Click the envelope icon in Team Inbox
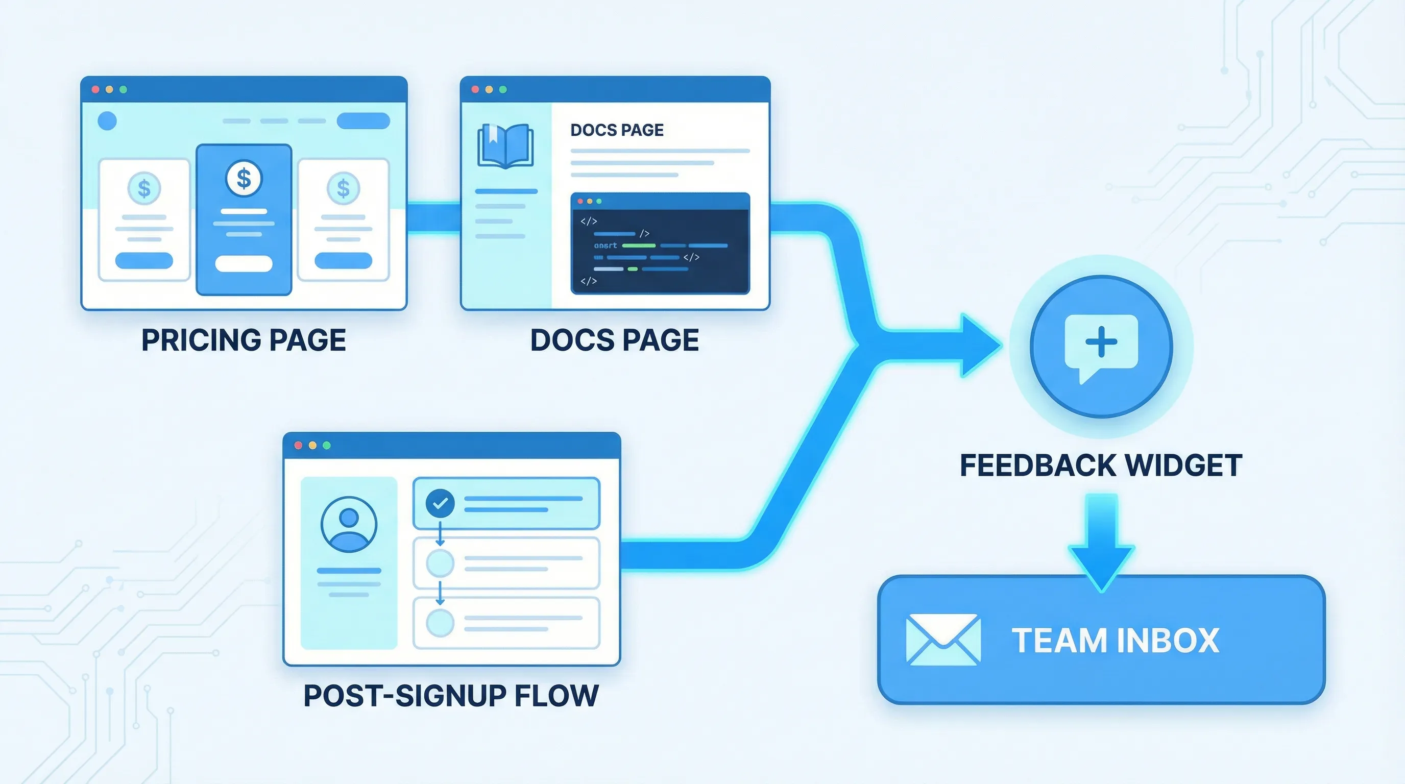click(943, 640)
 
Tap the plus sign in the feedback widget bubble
click(1101, 342)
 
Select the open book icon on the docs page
click(505, 145)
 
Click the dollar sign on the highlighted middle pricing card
click(244, 178)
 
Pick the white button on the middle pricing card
click(244, 263)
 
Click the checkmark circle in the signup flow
click(440, 503)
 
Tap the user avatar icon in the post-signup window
click(349, 524)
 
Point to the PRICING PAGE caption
click(244, 340)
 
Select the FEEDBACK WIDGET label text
click(1101, 465)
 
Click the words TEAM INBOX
click(1116, 640)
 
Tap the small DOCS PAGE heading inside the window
click(617, 130)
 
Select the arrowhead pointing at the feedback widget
click(979, 346)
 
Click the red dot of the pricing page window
click(95, 89)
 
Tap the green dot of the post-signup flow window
click(327, 446)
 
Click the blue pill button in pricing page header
click(364, 120)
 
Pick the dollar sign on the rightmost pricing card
click(343, 189)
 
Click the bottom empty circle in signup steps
click(440, 623)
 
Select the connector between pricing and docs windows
click(433, 218)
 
